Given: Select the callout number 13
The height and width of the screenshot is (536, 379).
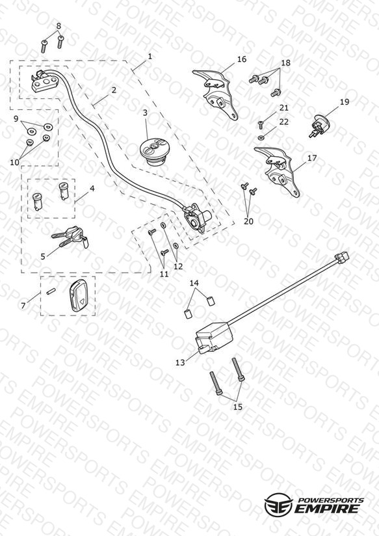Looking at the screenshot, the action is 180,363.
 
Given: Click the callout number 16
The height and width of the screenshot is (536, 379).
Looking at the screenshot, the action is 242,59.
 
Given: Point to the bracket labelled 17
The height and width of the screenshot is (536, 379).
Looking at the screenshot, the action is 278,170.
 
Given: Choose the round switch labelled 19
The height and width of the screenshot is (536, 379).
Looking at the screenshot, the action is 320,126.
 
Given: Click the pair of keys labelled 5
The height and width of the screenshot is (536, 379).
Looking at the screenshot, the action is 71,237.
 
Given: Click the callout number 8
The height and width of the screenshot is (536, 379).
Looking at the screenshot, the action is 59,25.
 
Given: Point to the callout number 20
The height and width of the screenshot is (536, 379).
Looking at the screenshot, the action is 248,221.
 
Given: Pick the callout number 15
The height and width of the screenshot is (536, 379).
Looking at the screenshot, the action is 238,407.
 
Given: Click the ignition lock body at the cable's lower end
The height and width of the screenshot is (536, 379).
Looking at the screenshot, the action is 196,218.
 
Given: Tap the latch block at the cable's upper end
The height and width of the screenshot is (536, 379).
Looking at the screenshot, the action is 44,81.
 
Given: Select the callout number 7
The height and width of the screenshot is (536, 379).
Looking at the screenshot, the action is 23,305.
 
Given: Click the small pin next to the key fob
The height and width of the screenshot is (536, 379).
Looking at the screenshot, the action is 51,292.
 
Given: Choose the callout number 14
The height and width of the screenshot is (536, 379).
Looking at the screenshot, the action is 194,283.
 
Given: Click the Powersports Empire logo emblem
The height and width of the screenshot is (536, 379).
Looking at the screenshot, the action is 278,503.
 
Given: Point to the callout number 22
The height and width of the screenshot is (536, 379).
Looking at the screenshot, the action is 284,122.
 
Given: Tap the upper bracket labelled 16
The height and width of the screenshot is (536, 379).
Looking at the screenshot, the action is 215,92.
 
